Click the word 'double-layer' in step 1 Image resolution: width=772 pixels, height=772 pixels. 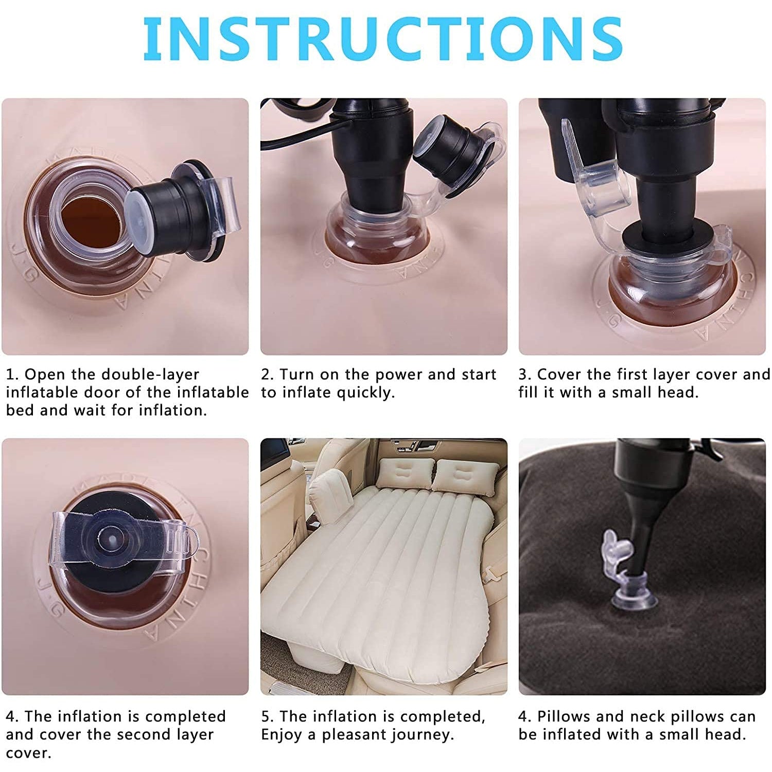pyautogui.click(x=150, y=375)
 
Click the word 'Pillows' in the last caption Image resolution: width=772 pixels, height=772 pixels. pyautogui.click(x=566, y=716)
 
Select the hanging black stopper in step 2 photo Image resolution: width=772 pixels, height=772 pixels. pyautogui.click(x=448, y=144)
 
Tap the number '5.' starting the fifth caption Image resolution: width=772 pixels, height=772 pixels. pyautogui.click(x=267, y=716)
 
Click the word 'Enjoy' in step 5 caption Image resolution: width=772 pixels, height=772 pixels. pyautogui.click(x=282, y=734)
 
